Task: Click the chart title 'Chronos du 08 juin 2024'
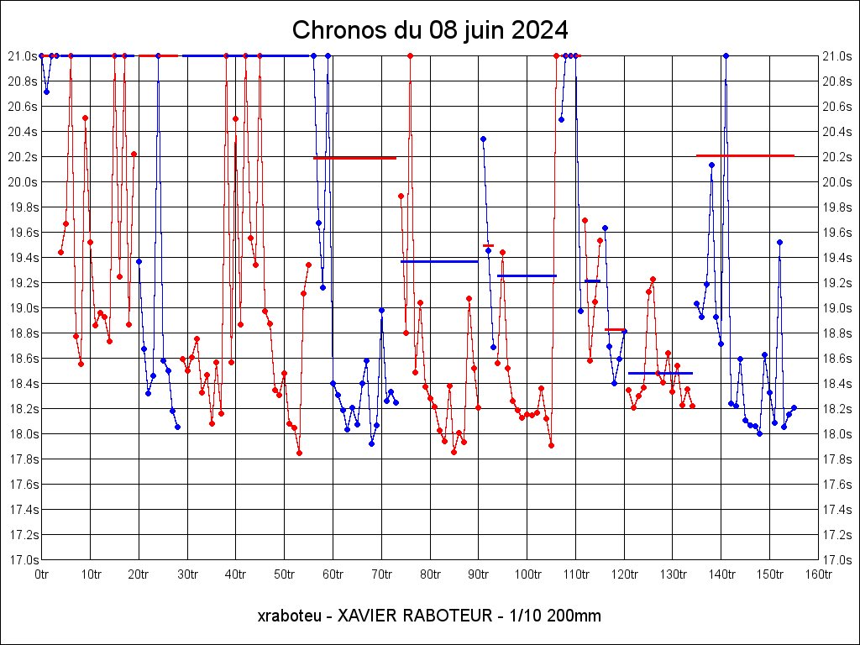(430, 30)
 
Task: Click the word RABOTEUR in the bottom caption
(449, 616)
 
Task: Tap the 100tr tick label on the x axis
(527, 574)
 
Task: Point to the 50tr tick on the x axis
(284, 574)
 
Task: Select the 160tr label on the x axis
(819, 574)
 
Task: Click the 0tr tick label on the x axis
(41, 574)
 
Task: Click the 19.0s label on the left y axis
(22, 308)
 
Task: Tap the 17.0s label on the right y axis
(837, 560)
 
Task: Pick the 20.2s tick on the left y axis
(22, 157)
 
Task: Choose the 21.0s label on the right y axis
(837, 56)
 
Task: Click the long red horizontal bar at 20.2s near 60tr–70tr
(354, 158)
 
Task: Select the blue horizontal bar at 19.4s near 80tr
(439, 261)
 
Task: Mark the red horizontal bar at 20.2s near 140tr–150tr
(745, 155)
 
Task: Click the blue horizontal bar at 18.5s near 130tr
(660, 373)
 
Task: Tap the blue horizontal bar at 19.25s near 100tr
(527, 275)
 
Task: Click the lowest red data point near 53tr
(299, 453)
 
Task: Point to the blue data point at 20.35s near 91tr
(483, 139)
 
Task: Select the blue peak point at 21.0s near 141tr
(726, 55)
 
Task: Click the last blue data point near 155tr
(794, 407)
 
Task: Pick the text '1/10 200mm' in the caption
(550, 616)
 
